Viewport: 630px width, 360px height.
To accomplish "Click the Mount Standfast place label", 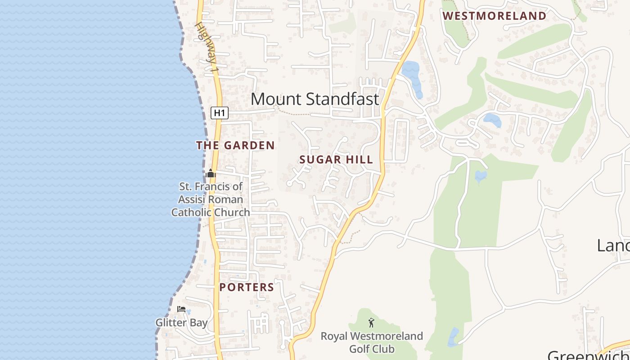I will pos(315,99).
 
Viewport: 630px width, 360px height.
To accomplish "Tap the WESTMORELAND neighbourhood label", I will pos(494,16).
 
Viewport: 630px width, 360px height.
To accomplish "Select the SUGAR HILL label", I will pos(336,159).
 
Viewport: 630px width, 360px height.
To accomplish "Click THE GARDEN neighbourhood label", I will pos(235,145).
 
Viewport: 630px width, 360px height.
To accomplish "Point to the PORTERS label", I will pos(247,287).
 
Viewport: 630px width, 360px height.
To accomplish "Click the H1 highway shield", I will pos(219,113).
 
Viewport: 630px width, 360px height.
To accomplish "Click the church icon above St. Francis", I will pos(211,173).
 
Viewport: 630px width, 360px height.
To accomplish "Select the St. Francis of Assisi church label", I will pos(210,199).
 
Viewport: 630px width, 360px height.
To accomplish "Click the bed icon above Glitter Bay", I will pos(181,309).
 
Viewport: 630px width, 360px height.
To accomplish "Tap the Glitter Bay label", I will pos(181,323).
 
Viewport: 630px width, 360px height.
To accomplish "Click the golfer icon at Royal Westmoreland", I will pos(371,323).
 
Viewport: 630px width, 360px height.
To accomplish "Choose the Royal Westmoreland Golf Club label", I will pos(372,342).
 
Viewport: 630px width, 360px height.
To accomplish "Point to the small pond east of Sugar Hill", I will pos(481,175).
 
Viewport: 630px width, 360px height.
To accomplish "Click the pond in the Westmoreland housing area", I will pos(492,120).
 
